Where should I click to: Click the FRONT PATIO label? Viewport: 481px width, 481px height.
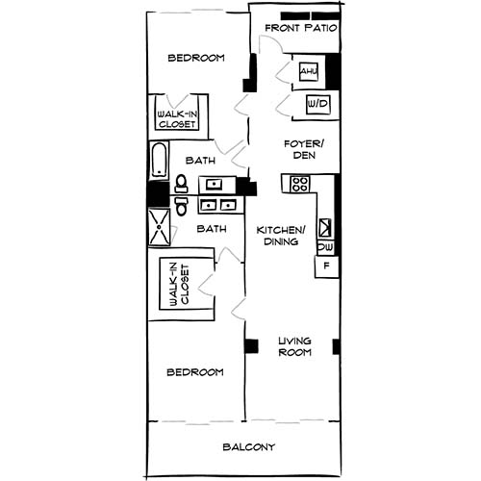(x=300, y=28)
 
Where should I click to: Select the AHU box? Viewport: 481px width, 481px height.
(x=308, y=72)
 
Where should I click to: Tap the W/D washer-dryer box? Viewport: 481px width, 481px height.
(x=317, y=104)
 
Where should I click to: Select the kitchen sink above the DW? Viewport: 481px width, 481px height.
(x=325, y=227)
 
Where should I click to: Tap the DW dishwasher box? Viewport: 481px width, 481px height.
(x=325, y=247)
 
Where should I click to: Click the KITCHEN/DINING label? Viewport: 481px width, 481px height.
(x=280, y=236)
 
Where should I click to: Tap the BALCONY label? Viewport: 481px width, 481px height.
(x=249, y=447)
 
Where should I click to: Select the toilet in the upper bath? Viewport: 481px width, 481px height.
(x=180, y=183)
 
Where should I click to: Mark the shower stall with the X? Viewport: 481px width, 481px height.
(x=158, y=228)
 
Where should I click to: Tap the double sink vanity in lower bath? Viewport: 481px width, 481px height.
(x=220, y=204)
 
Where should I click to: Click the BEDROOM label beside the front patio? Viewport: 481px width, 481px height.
(x=196, y=58)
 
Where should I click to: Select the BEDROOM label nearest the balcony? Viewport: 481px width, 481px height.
(x=196, y=372)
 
